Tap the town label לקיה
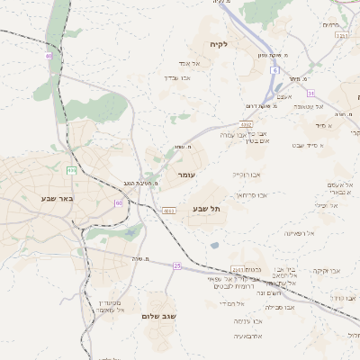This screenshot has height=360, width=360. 219,43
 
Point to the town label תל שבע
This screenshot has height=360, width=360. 205,209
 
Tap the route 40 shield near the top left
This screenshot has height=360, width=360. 48,56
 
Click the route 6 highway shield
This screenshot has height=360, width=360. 274,69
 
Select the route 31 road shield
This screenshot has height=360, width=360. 310,93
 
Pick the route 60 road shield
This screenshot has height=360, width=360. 118,203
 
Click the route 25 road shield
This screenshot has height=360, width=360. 177,265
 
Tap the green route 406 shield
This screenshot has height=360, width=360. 71,170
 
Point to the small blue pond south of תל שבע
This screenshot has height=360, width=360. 214,245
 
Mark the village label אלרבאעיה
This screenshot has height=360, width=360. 251,336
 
